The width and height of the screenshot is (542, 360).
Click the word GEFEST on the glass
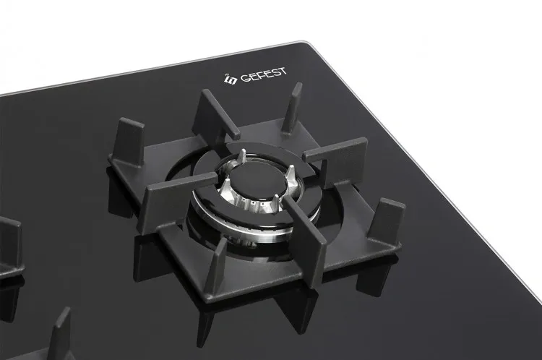263,75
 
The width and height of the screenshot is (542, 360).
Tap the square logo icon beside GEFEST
231,80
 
